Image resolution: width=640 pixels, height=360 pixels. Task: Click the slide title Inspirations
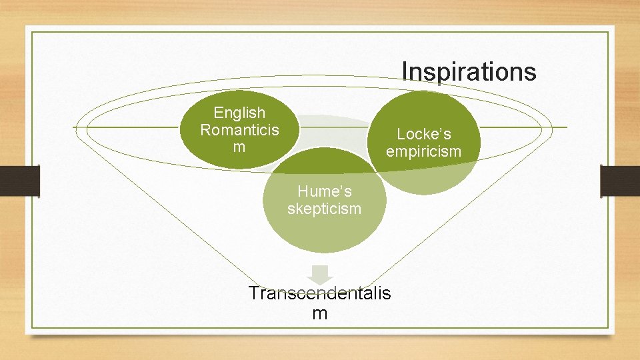[x=469, y=71]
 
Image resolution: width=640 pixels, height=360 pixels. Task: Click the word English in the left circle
[x=239, y=113]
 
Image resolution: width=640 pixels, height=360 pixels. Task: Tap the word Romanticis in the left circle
[x=239, y=129]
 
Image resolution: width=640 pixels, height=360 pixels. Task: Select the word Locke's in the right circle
[x=423, y=134]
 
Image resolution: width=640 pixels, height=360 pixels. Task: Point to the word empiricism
[x=423, y=151]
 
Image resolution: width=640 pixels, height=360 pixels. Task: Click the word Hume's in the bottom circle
[x=324, y=192]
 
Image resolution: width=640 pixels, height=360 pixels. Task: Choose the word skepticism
[x=324, y=209]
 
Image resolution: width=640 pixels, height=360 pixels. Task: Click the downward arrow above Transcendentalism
[x=321, y=274]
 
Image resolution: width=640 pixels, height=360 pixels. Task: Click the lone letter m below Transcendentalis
[x=319, y=313]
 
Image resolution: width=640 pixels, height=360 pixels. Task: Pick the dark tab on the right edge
[x=620, y=181]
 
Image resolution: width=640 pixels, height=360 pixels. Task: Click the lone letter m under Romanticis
[x=239, y=147]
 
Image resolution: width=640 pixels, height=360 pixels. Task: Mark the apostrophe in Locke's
[x=441, y=130]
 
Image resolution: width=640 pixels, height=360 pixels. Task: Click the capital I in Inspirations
[x=405, y=71]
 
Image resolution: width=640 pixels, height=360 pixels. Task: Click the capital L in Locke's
[x=401, y=134]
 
